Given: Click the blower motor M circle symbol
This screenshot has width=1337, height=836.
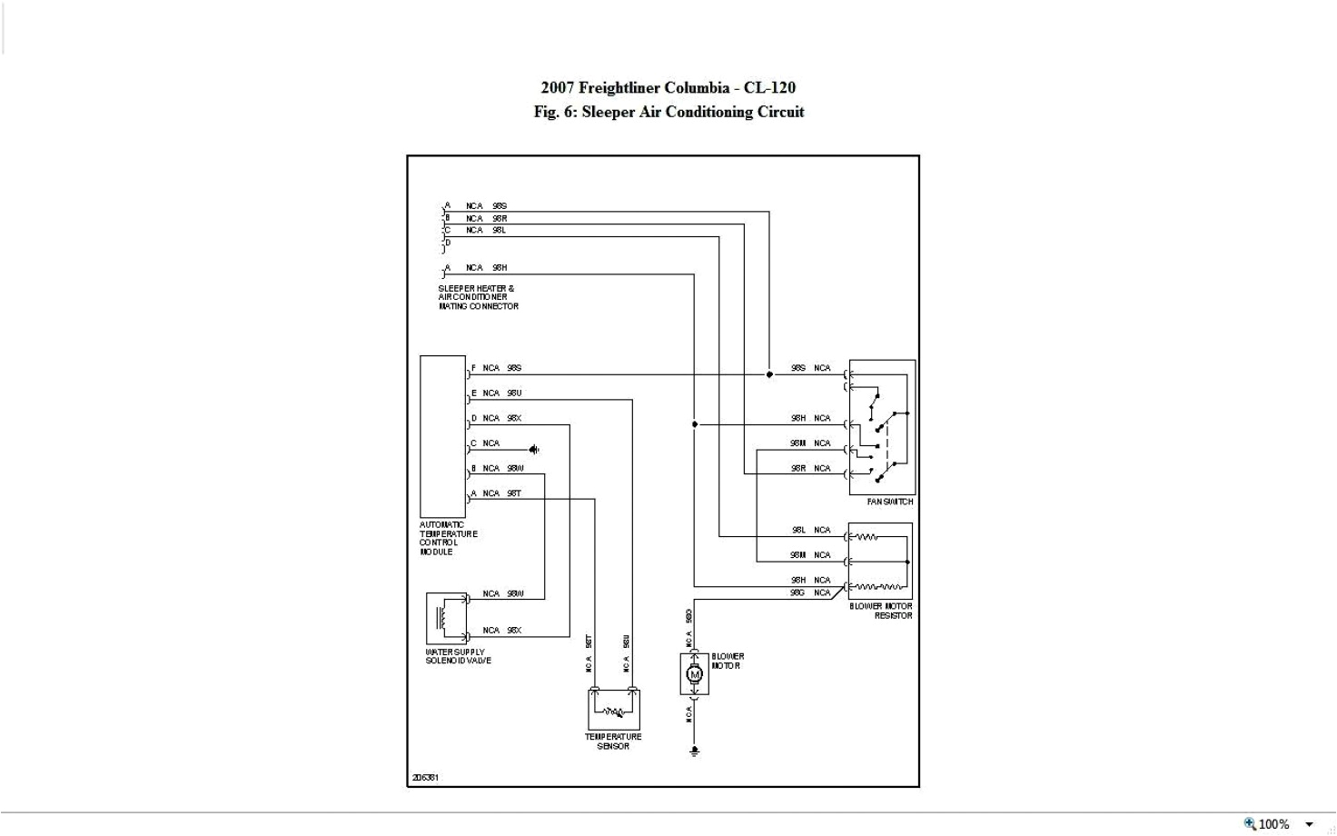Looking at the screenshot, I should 695,674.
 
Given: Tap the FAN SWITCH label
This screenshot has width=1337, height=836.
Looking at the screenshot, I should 889,502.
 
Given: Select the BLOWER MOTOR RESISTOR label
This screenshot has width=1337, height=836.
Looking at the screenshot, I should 881,611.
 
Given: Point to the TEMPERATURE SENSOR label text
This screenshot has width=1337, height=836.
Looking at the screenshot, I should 613,741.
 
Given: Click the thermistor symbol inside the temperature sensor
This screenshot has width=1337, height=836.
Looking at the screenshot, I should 614,712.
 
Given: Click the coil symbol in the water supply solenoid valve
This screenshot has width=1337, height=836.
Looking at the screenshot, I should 442,617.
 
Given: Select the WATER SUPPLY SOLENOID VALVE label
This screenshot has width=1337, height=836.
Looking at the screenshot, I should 458,656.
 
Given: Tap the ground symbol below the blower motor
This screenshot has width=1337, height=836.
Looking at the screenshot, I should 695,751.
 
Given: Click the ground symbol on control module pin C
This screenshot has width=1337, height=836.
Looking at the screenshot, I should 535,449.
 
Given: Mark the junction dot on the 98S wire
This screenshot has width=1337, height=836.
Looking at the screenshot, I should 769,374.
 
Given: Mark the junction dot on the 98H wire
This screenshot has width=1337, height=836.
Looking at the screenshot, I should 695,424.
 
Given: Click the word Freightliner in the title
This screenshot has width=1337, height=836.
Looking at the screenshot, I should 620,88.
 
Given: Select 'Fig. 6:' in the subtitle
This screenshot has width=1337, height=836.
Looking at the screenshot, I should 555,112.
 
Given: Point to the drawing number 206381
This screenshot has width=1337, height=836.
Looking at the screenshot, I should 425,778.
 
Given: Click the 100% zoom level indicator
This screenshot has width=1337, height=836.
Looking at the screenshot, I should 1273,824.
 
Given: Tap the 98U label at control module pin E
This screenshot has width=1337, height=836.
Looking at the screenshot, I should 514,393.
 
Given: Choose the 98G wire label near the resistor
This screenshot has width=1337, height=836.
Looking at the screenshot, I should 797,592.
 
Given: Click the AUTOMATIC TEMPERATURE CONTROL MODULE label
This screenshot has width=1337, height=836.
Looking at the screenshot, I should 448,538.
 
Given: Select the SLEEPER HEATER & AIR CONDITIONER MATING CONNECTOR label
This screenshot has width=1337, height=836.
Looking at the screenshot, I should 478,297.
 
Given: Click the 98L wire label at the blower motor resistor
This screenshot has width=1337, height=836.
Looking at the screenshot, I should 798,530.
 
